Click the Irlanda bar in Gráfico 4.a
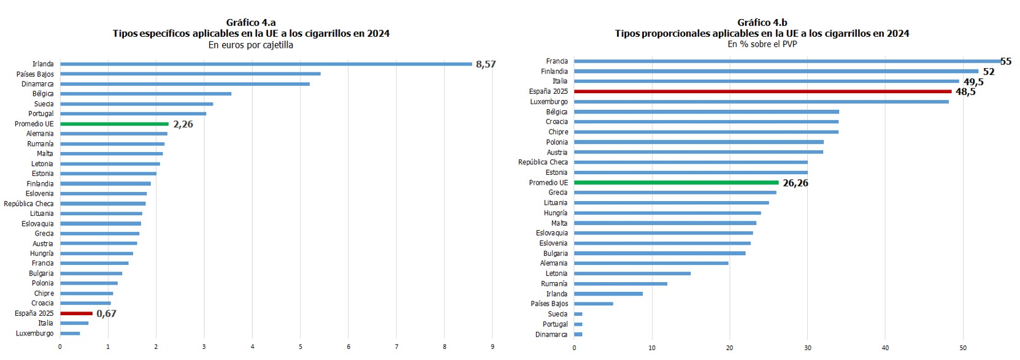266,64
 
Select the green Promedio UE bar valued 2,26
114,124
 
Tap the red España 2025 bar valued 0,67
76,313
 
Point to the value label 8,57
486,64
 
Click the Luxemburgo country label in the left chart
35,334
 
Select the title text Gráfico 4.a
251,23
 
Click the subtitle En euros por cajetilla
251,45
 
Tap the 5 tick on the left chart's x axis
301,347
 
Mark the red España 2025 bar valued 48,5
762,91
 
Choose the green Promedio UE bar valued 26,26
676,183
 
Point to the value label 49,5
973,82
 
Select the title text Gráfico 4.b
762,23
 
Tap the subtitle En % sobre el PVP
762,44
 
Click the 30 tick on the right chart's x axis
808,348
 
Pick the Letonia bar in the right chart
632,274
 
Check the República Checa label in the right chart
543,163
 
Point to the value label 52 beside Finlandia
989,72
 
